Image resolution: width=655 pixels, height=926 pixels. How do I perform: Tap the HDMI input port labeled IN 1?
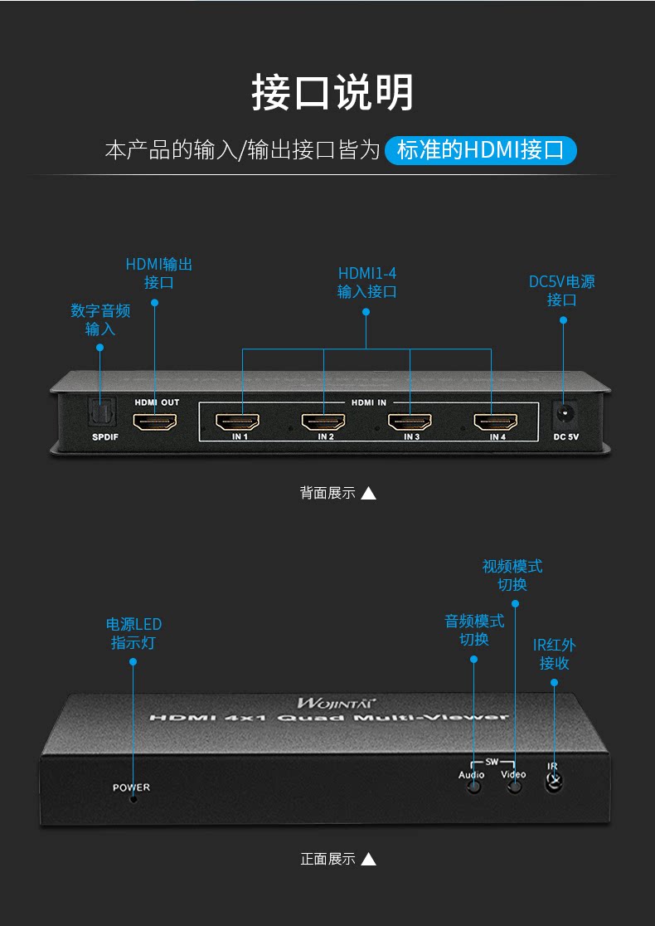pyautogui.click(x=237, y=422)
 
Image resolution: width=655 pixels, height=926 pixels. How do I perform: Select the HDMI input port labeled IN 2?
pyautogui.click(x=323, y=422)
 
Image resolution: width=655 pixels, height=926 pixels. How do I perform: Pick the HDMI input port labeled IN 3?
pyautogui.click(x=410, y=422)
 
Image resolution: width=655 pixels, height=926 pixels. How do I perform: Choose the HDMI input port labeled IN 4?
pyautogui.click(x=496, y=422)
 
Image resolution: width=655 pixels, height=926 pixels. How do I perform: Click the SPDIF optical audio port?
pyautogui.click(x=102, y=412)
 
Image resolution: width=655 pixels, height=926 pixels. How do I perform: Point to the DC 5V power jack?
pyautogui.click(x=564, y=415)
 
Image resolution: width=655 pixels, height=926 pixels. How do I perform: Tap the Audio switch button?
pyautogui.click(x=473, y=787)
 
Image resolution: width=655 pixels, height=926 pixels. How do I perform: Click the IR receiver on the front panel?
pyautogui.click(x=554, y=782)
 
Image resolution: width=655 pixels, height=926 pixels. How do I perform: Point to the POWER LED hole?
pyautogui.click(x=134, y=799)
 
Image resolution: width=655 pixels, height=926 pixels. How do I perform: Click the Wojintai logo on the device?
pyautogui.click(x=337, y=703)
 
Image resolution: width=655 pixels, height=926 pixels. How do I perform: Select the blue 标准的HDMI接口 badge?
pyautogui.click(x=480, y=150)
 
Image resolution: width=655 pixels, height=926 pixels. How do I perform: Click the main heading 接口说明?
pyautogui.click(x=332, y=92)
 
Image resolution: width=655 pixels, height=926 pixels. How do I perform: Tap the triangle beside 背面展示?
pyautogui.click(x=368, y=493)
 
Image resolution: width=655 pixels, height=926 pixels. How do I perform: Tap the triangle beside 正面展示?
pyautogui.click(x=368, y=859)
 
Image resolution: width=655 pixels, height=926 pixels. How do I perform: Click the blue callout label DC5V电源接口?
pyautogui.click(x=562, y=290)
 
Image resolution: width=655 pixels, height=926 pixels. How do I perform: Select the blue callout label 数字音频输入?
pyautogui.click(x=100, y=319)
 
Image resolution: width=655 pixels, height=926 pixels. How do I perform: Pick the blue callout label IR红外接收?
pyautogui.click(x=554, y=654)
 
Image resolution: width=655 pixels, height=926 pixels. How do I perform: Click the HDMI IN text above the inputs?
pyautogui.click(x=369, y=402)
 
